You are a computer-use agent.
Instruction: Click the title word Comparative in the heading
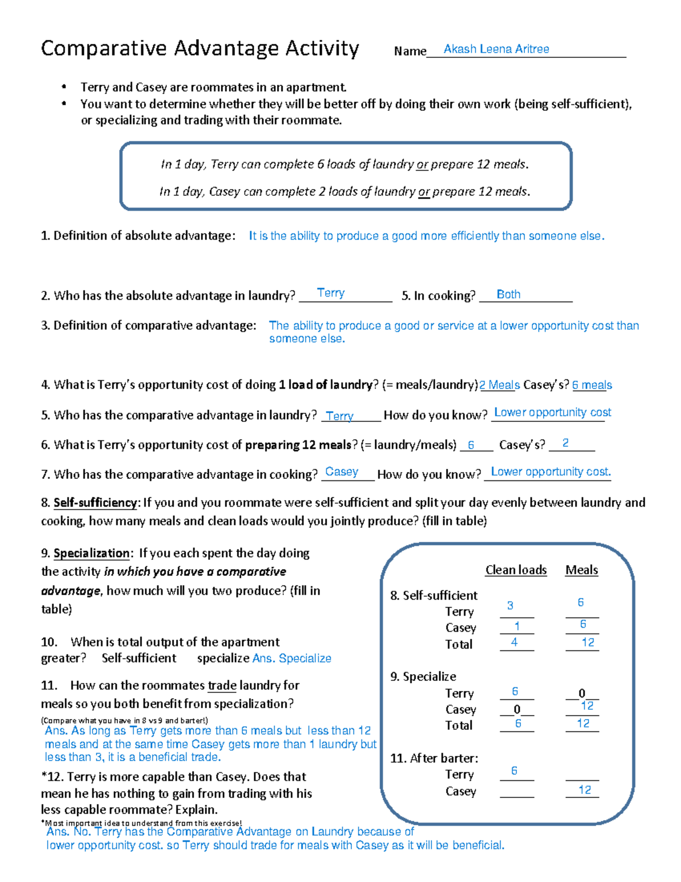[x=105, y=49]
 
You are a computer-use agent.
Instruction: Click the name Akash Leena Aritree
[x=496, y=49]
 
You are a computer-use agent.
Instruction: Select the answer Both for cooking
[x=508, y=294]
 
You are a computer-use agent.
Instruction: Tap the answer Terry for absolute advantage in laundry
[x=330, y=293]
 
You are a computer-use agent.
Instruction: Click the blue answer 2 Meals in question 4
[x=499, y=385]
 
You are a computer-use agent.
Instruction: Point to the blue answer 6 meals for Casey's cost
[x=592, y=385]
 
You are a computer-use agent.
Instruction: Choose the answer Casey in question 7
[x=342, y=472]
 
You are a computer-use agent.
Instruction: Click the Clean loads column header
[x=516, y=570]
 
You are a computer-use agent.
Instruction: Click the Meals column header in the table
[x=581, y=570]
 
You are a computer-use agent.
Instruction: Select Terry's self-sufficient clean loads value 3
[x=510, y=605]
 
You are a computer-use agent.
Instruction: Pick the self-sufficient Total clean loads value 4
[x=514, y=642]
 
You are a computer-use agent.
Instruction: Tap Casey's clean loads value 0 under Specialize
[x=517, y=709]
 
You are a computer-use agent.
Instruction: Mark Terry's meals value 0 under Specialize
[x=582, y=693]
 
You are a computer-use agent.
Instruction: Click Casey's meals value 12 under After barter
[x=585, y=790]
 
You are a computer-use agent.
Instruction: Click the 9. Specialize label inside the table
[x=423, y=676]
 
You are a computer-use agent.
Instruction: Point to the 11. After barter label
[x=434, y=758]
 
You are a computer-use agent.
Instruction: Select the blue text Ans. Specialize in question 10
[x=292, y=658]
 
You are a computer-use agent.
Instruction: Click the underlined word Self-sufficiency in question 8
[x=95, y=503]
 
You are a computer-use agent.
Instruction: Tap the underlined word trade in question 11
[x=222, y=685]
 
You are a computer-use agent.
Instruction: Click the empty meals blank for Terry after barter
[x=582, y=775]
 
